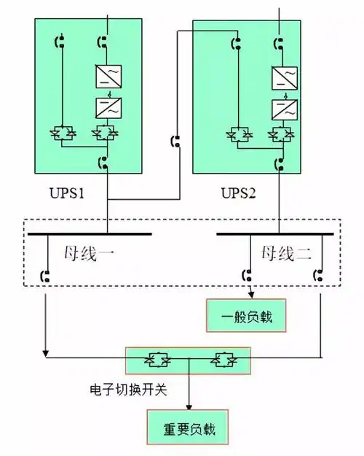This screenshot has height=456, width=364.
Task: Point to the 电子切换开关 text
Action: [124, 390]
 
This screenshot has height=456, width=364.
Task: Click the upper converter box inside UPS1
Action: [108, 77]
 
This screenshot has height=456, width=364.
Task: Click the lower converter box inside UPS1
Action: [108, 109]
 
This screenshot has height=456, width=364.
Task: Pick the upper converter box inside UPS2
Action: [282, 77]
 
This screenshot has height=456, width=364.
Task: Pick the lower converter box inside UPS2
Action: [282, 109]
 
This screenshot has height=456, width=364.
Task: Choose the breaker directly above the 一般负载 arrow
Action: [248, 276]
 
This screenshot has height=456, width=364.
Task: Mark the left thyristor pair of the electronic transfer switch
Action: [155, 360]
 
